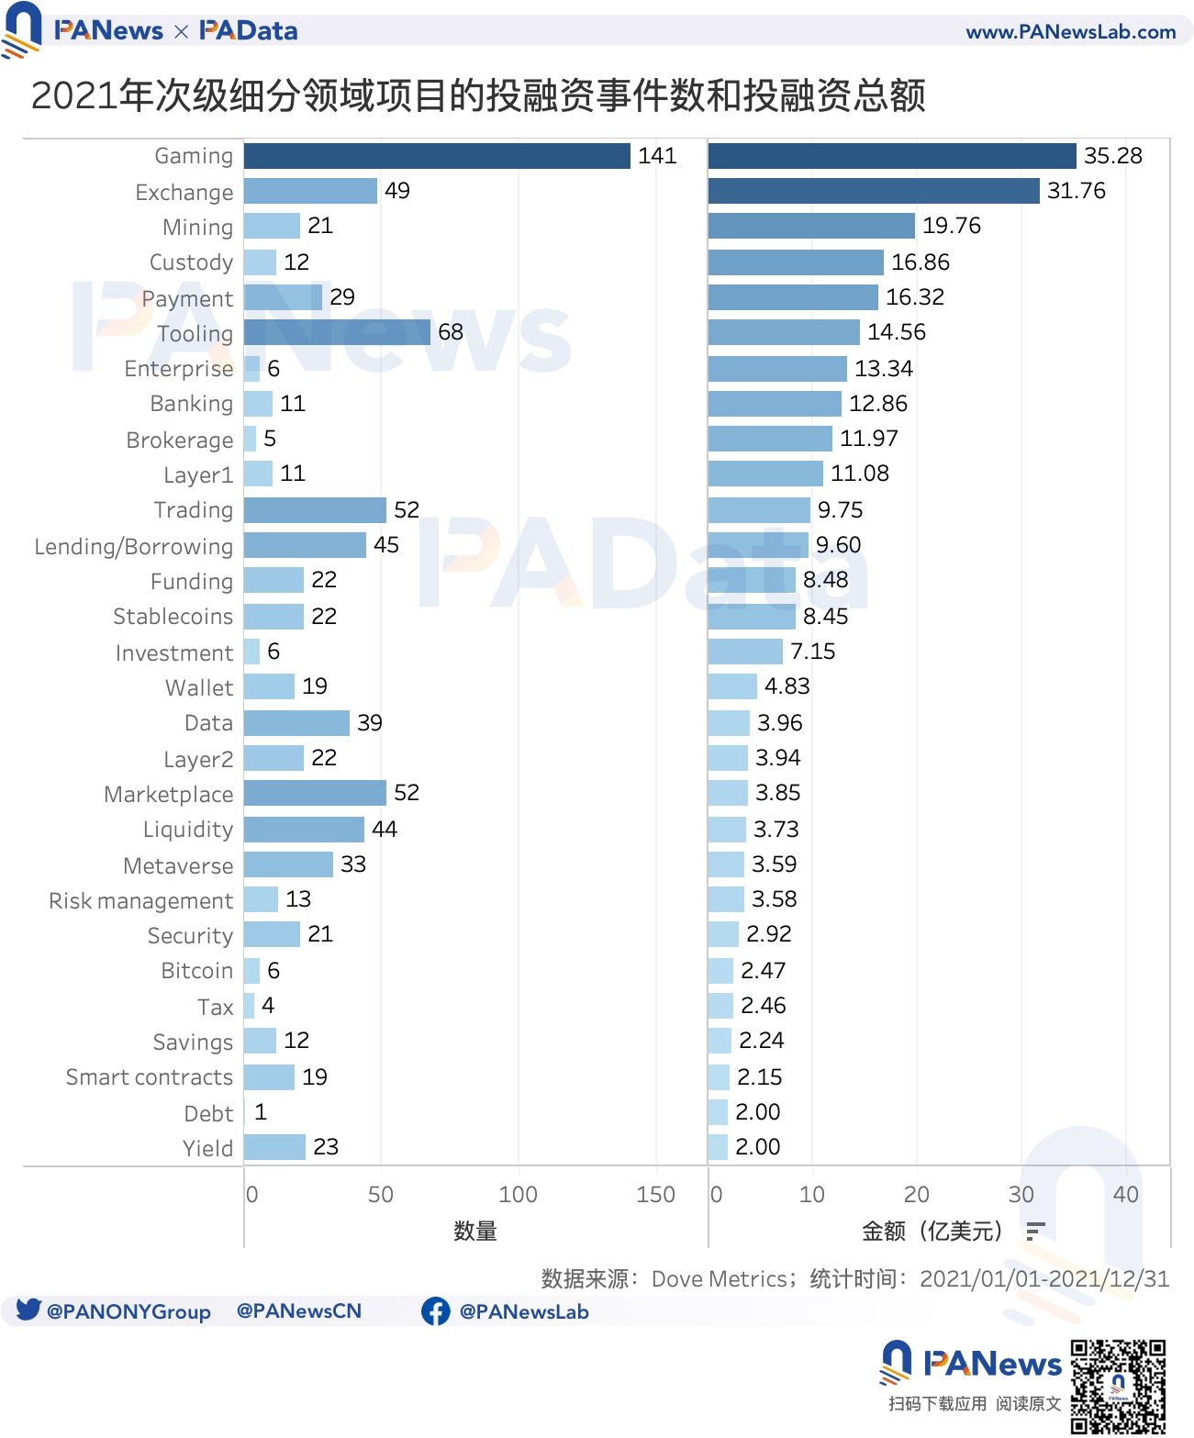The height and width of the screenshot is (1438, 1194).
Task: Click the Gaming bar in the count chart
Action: click(437, 156)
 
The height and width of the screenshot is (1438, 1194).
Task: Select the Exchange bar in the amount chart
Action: click(873, 191)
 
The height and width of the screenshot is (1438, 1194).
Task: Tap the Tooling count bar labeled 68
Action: click(337, 332)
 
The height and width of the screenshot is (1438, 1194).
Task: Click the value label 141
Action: click(657, 156)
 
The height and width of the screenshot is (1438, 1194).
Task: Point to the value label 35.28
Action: click(1112, 156)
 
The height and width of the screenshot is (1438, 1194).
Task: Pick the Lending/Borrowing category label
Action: click(134, 547)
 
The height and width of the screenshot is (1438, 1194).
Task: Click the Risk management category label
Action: click(141, 901)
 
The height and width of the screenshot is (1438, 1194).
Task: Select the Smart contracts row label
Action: click(150, 1077)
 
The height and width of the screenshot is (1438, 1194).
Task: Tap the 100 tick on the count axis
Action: click(518, 1195)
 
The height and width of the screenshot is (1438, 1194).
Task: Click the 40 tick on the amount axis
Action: click(1125, 1195)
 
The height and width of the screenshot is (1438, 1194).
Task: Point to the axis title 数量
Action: click(475, 1232)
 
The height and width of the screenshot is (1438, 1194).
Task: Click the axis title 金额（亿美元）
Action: click(932, 1232)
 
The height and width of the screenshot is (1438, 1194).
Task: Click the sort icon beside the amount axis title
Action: click(1035, 1232)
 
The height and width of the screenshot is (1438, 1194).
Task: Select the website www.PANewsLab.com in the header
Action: click(1070, 32)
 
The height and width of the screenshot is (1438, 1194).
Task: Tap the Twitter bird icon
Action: click(28, 1310)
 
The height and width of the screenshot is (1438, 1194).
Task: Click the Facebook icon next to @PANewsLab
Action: click(435, 1311)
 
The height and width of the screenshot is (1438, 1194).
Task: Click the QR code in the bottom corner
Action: click(1118, 1386)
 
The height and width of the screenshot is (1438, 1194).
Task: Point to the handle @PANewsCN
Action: click(299, 1311)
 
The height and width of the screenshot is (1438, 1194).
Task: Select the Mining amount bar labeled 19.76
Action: click(811, 226)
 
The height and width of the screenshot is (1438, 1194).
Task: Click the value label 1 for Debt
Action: click(261, 1112)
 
